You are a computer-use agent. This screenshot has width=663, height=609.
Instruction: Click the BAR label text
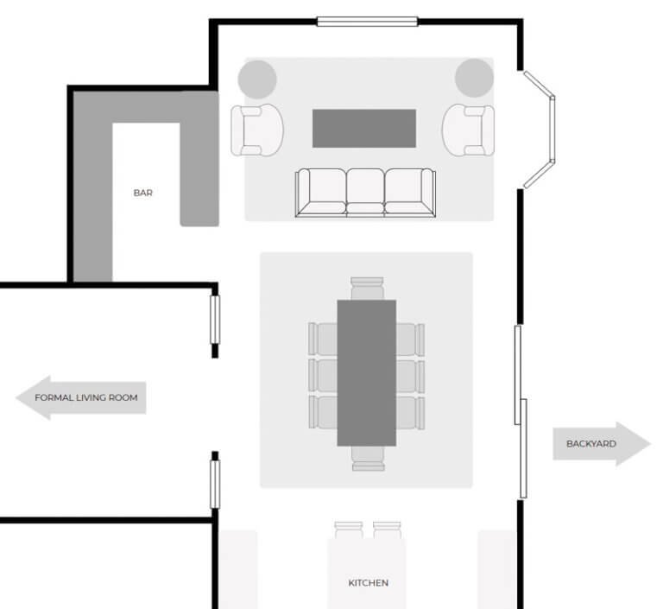tap(142, 193)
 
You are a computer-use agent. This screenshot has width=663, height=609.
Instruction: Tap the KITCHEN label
tap(368, 582)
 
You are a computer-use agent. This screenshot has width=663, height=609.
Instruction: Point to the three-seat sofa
tap(365, 193)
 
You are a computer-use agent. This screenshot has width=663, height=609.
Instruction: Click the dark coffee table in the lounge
tap(365, 128)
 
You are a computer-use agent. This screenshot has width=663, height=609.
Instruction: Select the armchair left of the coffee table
tap(256, 130)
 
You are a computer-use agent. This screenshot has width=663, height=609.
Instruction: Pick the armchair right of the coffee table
tap(468, 130)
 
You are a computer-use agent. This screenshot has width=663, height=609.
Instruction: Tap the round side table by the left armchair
tap(257, 79)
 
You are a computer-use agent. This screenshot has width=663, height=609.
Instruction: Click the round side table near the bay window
tap(474, 77)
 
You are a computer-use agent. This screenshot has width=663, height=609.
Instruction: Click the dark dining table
tap(366, 372)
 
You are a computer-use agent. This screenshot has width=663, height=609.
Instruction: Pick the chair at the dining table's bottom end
tap(366, 458)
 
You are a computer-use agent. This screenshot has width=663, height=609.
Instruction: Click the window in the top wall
tap(367, 21)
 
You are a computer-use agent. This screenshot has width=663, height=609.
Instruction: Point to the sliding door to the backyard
tap(521, 411)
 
